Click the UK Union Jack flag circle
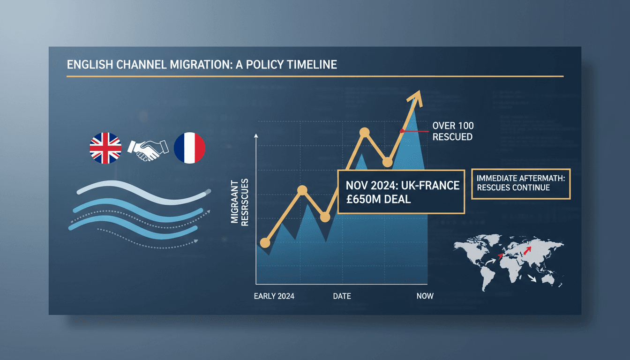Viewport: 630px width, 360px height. tap(105, 148)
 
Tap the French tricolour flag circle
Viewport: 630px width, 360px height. tap(189, 148)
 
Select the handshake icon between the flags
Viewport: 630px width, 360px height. tap(148, 149)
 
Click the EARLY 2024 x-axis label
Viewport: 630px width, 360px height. tap(274, 296)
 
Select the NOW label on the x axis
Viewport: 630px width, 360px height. tap(425, 296)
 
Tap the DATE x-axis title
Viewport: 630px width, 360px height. tap(342, 296)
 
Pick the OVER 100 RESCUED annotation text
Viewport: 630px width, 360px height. tap(452, 131)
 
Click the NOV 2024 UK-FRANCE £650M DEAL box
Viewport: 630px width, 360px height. tap(401, 191)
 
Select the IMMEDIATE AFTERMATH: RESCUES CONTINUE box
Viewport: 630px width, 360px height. tap(520, 183)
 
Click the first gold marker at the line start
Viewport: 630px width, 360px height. tap(265, 243)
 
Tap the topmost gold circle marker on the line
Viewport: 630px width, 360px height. tap(364, 133)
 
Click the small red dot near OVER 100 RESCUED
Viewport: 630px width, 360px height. tap(402, 131)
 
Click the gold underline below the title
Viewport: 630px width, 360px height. tap(315, 76)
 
